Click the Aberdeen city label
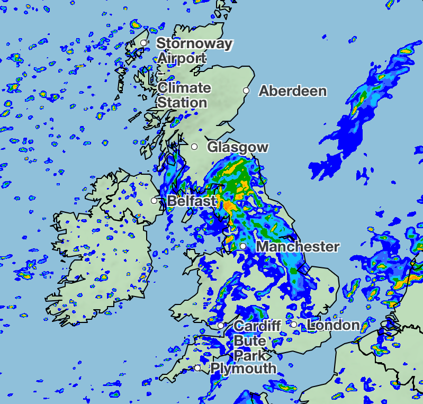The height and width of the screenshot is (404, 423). (x=292, y=91)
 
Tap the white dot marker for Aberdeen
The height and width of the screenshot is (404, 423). (x=246, y=91)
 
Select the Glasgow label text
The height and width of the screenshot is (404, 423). (x=238, y=147)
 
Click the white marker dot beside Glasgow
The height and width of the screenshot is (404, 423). (x=194, y=147)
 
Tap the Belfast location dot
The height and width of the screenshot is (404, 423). (x=154, y=201)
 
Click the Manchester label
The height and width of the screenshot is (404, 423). (x=297, y=247)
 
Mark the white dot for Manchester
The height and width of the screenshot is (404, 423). (x=242, y=246)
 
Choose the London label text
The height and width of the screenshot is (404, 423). (x=333, y=325)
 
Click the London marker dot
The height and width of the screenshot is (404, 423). (x=293, y=325)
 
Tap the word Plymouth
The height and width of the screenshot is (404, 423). (x=244, y=369)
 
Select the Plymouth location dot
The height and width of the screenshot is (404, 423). (x=197, y=368)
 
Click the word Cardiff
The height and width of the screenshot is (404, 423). (x=257, y=326)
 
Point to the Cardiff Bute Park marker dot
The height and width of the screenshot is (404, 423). (x=220, y=325)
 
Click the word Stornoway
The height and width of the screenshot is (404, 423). (x=194, y=43)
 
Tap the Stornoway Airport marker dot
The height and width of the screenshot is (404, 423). (x=143, y=43)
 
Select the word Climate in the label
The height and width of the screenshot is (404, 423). (x=184, y=88)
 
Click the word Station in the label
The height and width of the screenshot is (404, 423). (x=182, y=103)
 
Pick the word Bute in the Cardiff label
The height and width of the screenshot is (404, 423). (x=249, y=340)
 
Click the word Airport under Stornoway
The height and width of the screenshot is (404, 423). (x=181, y=58)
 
